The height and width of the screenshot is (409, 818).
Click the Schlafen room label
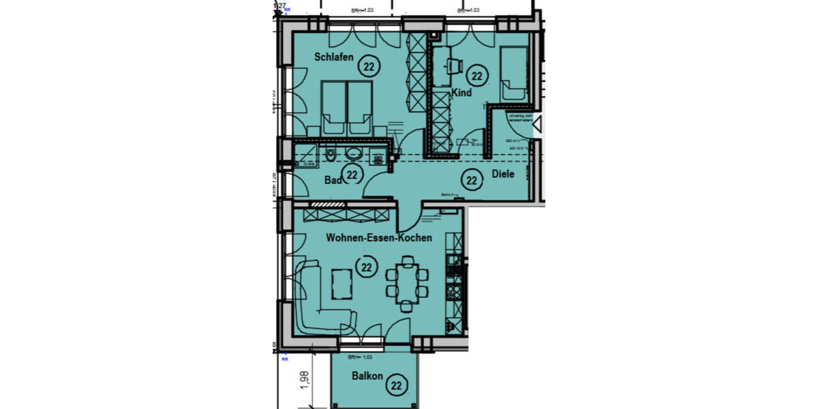pyautogui.click(x=333, y=58)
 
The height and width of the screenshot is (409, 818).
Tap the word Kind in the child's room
pyautogui.click(x=461, y=93)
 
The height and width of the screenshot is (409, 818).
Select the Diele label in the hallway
pyautogui.click(x=502, y=175)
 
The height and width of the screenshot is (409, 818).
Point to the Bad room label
pyautogui.click(x=332, y=180)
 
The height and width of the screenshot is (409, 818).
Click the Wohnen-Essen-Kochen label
pyautogui.click(x=378, y=239)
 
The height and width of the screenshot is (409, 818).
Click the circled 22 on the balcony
pyautogui.click(x=396, y=386)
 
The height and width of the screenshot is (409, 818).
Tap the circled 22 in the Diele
pyautogui.click(x=470, y=181)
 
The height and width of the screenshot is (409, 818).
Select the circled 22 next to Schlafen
pyautogui.click(x=369, y=67)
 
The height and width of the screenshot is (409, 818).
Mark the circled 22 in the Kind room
pyautogui.click(x=476, y=76)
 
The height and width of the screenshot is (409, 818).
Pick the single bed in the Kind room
pyautogui.click(x=513, y=75)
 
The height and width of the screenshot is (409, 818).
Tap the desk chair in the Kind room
pyautogui.click(x=453, y=66)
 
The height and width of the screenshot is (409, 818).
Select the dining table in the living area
pyautogui.click(x=408, y=282)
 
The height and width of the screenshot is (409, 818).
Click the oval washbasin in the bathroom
pyautogui.click(x=354, y=154)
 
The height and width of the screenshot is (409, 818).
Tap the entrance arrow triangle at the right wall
pyautogui.click(x=537, y=124)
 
